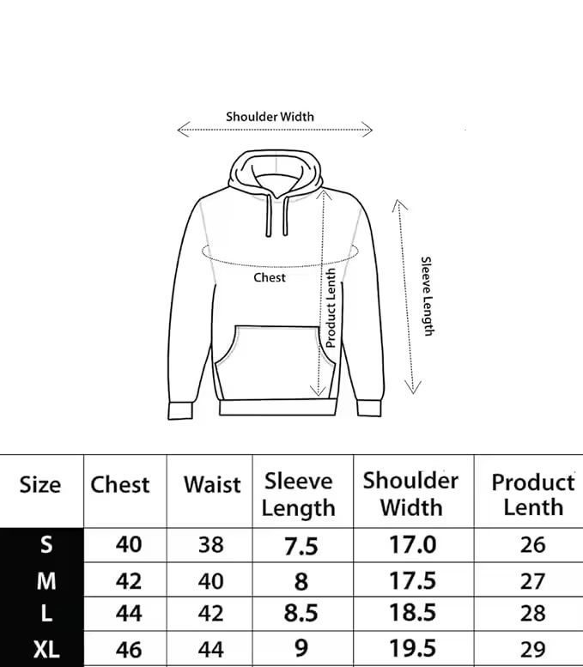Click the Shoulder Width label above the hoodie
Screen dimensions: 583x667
270,116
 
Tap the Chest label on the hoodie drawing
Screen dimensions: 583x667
270,277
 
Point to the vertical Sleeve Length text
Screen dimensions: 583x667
427,296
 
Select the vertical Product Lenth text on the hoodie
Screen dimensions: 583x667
331,307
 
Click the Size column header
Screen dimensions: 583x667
40,485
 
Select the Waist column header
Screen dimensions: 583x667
212,485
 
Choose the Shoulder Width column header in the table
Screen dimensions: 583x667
410,493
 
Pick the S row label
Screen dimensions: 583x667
46,545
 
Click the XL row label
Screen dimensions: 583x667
46,648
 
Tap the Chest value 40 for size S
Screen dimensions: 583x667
128,544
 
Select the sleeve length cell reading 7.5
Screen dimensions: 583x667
301,546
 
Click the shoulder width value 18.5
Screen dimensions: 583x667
412,613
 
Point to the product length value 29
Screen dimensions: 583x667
532,648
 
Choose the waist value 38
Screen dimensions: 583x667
210,544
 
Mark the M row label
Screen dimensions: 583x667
46,580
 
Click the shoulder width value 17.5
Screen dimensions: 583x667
412,579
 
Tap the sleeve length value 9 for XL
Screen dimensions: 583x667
301,648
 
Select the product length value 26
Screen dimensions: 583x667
532,544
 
